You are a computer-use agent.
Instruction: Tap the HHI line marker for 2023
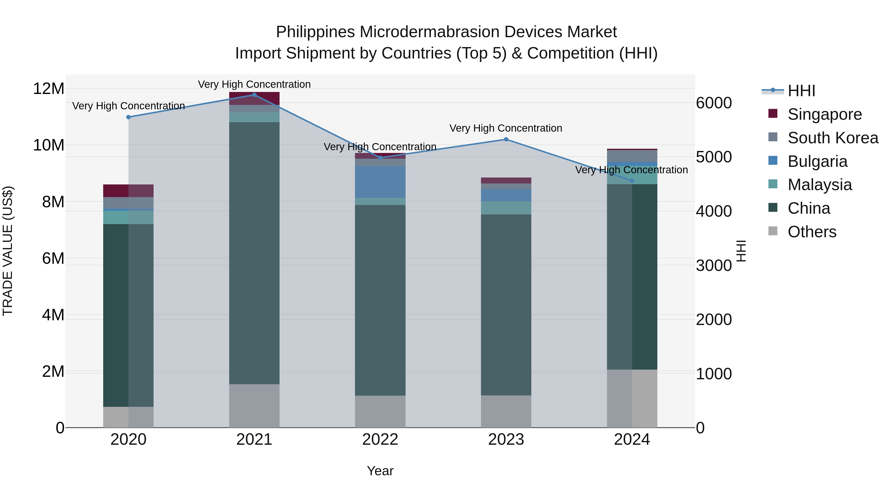(x=506, y=139)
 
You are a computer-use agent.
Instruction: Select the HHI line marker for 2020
(x=128, y=117)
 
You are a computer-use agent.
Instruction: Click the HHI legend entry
(x=801, y=91)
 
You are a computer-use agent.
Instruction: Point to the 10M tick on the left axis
(x=49, y=145)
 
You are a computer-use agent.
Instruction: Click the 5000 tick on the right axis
(x=714, y=157)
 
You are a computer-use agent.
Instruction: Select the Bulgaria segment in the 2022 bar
(x=380, y=182)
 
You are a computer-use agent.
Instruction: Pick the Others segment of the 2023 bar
(x=506, y=411)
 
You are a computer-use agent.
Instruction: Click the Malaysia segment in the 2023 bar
(x=506, y=208)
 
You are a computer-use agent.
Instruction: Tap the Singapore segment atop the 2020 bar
(x=128, y=191)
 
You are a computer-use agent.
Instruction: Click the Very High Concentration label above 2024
(x=631, y=170)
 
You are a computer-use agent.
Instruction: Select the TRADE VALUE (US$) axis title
(x=8, y=251)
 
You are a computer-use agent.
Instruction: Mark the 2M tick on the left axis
(x=53, y=371)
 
